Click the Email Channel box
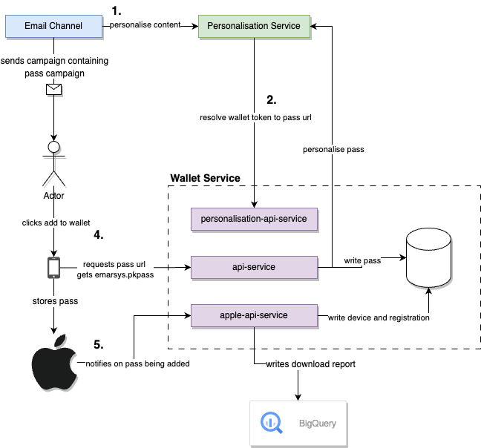click(53, 26)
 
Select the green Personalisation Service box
click(254, 26)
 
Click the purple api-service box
click(255, 267)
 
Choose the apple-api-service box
click(255, 314)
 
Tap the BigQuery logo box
click(298, 424)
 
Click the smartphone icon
click(53, 267)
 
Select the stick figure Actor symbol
click(53, 163)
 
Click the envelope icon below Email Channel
click(53, 90)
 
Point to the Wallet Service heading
click(205, 178)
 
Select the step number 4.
click(98, 235)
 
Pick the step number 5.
click(98, 345)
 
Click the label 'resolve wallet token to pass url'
click(255, 117)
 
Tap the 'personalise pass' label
click(333, 149)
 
